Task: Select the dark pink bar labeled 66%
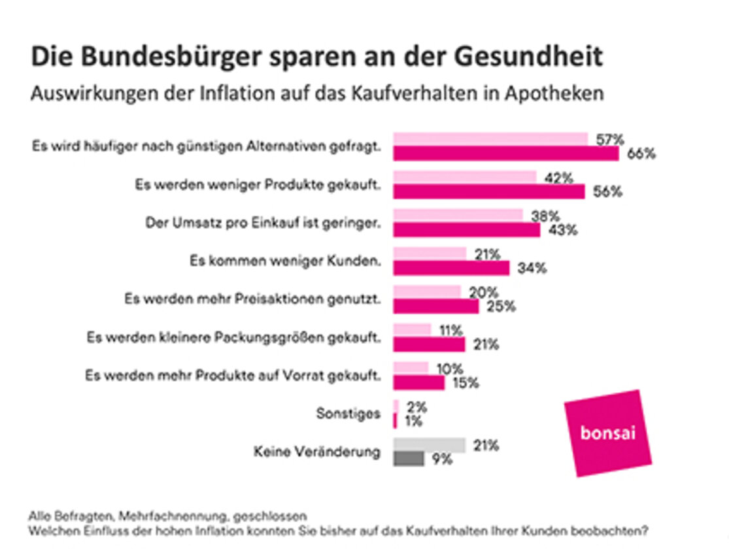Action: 505,154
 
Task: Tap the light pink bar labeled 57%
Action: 490,139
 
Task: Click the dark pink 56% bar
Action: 488,192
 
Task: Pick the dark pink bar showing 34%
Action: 450,268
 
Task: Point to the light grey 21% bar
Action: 429,445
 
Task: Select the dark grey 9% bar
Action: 409,459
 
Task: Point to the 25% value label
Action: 500,306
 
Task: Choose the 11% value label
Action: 451,331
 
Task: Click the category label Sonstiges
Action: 348,413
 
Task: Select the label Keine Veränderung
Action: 316,452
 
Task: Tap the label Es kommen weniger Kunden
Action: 285,261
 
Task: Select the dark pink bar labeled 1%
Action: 395,421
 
